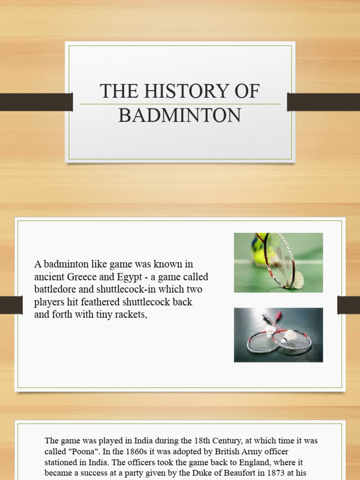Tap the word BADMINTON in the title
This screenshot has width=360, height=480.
coord(180,115)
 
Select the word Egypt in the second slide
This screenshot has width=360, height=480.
coord(133,277)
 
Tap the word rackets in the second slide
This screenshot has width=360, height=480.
coord(132,315)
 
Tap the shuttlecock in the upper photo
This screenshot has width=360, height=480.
coord(297,280)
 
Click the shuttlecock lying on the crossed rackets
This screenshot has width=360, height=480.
coord(289,336)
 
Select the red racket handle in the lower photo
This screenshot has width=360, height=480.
coord(278,315)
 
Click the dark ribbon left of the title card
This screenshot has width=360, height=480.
coord(36,102)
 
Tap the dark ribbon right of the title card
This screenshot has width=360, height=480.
coord(323,102)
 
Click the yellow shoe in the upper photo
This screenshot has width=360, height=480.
coord(259,253)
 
